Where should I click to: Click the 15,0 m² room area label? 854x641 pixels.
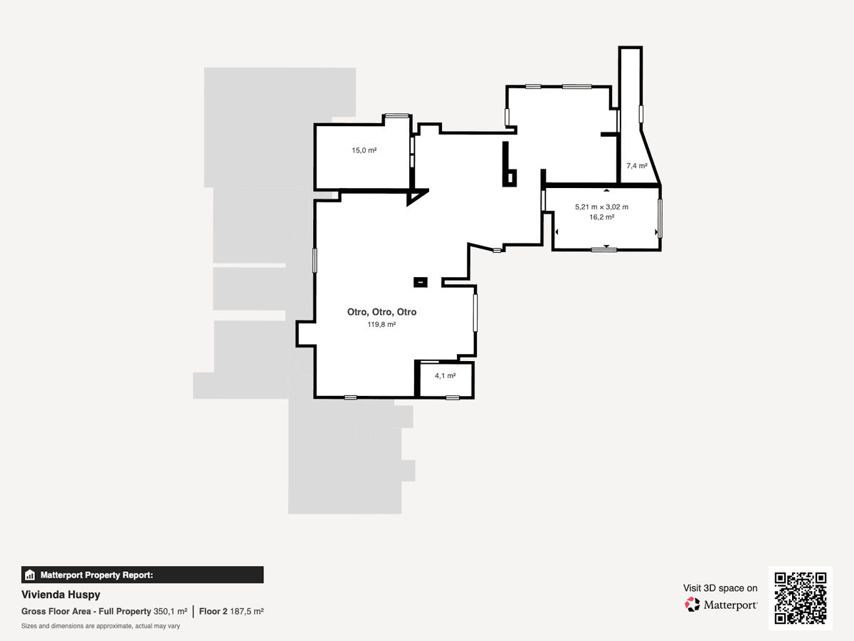364,150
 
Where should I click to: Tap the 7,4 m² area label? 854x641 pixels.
637,166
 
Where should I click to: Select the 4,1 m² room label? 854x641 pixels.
445,375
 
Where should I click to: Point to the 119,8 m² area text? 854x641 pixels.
381,324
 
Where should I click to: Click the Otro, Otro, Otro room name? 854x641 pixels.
381,312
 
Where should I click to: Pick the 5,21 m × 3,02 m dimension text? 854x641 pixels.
601,207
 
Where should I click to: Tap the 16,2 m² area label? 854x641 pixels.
601,217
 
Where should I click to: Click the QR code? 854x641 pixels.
801,598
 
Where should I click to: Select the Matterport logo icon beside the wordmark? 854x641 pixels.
692,605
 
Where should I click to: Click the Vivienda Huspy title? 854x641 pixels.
60,595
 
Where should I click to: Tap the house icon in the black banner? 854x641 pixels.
30,575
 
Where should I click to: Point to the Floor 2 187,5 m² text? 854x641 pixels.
231,611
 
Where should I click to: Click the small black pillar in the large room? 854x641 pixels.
420,282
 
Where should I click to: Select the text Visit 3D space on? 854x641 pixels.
720,588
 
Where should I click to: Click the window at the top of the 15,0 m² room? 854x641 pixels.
397,115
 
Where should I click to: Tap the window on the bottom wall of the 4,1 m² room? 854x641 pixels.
453,397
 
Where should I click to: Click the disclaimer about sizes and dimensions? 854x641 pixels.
100,626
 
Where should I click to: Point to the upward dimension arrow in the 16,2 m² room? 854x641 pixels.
606,190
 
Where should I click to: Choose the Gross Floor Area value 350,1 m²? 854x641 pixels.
170,611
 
